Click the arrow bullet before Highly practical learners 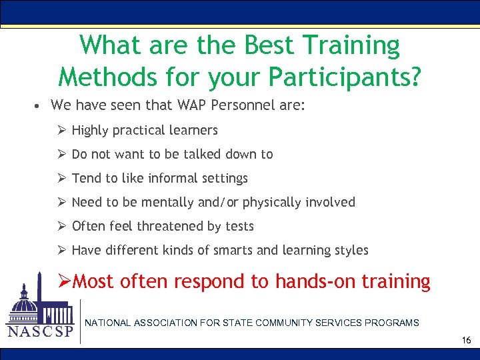(61, 130)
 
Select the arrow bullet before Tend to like (61, 178)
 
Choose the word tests (239, 226)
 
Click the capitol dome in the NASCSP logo (25, 300)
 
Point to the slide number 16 (466, 341)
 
